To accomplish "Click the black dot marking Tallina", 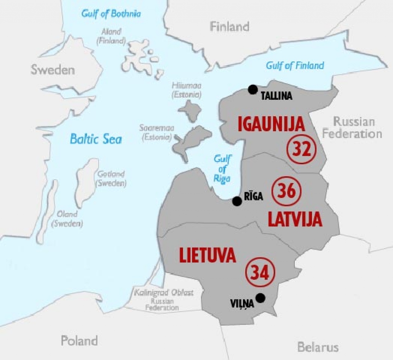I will click(253, 89).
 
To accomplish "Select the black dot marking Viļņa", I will click(261, 297).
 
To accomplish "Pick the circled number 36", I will click(286, 191).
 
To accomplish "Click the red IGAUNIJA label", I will click(271, 124).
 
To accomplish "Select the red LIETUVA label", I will click(208, 256).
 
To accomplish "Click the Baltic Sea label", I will click(96, 139).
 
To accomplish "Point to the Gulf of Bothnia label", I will click(111, 14).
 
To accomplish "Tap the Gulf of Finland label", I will click(295, 66).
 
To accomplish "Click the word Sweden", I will click(53, 70).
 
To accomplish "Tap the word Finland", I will click(230, 26).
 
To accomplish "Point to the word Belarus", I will click(318, 347).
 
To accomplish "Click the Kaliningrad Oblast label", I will click(163, 293).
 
